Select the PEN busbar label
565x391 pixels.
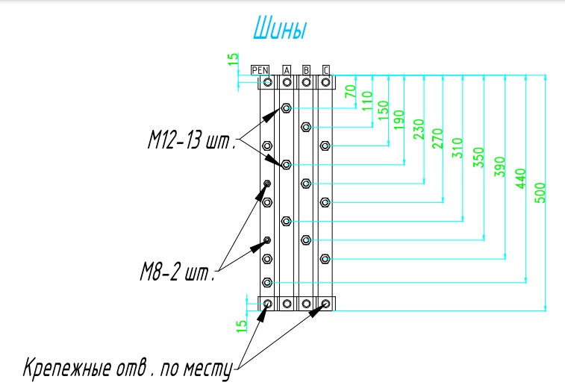(x=260, y=70)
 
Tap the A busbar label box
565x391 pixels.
(x=287, y=70)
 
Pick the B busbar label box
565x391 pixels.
(x=306, y=70)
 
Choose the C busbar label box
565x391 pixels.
(x=325, y=70)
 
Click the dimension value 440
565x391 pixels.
(x=521, y=180)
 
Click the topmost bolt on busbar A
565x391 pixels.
(x=287, y=109)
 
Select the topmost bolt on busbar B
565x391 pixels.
(x=306, y=128)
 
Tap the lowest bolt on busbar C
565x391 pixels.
(x=325, y=258)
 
